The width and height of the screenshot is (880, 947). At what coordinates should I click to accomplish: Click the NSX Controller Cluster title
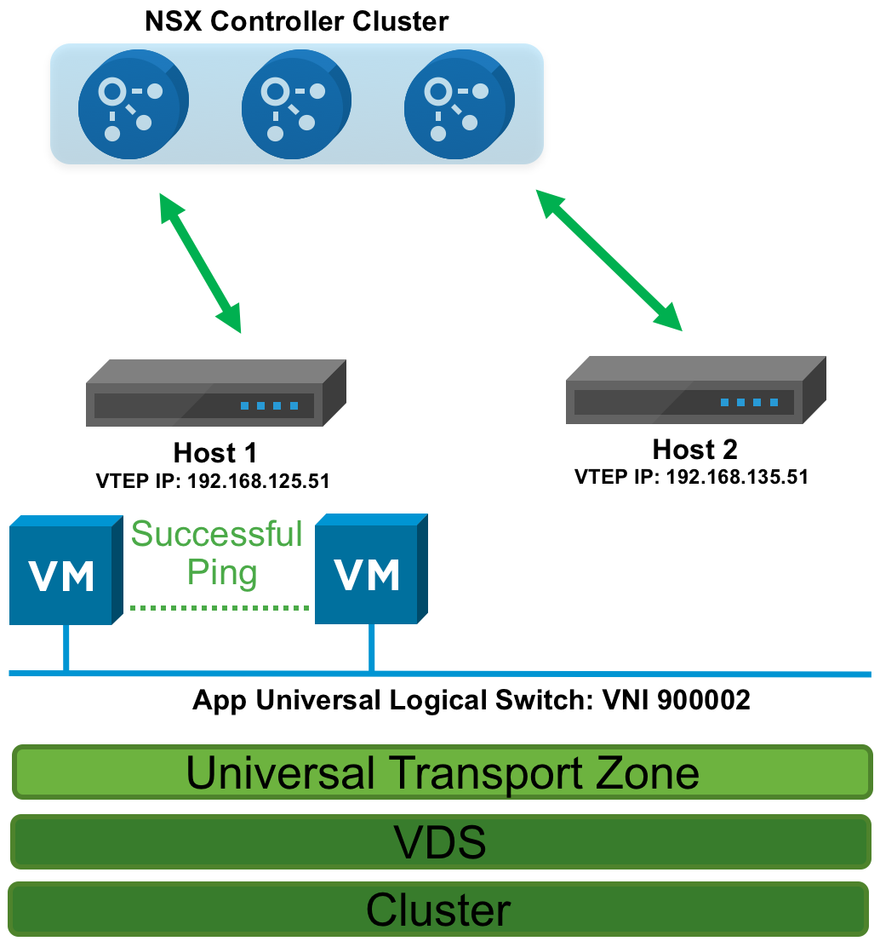[296, 20]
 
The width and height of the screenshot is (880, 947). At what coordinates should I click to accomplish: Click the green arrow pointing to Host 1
[202, 262]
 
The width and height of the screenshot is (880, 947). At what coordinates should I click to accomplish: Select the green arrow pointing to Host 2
[609, 259]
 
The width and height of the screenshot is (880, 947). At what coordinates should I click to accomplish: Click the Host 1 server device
[216, 393]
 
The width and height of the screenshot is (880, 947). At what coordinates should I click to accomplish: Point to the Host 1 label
[215, 452]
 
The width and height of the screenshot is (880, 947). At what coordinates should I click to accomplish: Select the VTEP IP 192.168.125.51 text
[213, 481]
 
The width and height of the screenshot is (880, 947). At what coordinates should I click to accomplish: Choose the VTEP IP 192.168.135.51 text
[691, 476]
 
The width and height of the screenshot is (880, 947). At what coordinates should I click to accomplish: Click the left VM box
[63, 571]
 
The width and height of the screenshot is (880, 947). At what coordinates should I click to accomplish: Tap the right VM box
[369, 571]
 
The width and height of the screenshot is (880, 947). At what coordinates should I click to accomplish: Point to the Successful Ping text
[218, 553]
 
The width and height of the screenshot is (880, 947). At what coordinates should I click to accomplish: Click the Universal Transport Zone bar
[442, 772]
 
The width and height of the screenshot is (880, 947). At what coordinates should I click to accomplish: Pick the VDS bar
[440, 841]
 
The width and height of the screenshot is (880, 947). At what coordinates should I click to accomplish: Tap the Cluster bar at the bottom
[438, 910]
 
